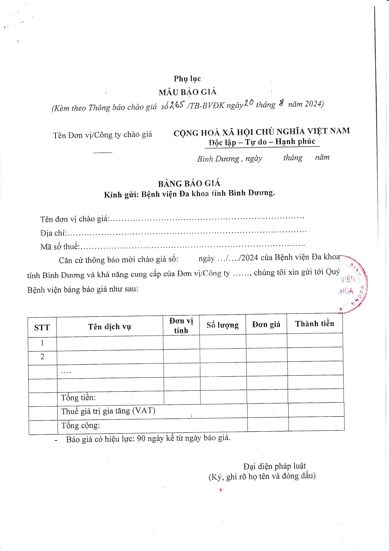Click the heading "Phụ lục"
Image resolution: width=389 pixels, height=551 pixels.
coord(187,79)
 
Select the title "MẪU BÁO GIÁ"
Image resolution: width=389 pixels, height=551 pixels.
coord(188,92)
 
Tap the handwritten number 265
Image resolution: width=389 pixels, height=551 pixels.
coord(177,105)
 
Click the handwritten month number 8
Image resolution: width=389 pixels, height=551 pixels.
coord(281,103)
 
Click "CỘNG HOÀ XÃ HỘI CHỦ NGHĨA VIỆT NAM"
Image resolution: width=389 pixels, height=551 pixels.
coord(262,132)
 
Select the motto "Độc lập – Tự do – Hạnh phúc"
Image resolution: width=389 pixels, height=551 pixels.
coord(262,142)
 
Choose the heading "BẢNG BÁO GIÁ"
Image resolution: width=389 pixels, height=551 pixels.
coord(189,183)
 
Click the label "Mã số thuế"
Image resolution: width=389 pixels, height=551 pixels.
coord(60,247)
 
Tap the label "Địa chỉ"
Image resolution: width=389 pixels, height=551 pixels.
coord(53,233)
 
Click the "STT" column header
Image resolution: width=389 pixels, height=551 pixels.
coord(42,328)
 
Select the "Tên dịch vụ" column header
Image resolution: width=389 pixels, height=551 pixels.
coord(109,327)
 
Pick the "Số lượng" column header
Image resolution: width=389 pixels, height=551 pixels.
coord(222,325)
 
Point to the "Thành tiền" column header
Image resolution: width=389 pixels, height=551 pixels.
coord(314,324)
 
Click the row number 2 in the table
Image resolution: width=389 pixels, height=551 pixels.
coord(42,357)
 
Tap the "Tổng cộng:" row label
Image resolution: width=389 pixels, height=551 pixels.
coord(80,426)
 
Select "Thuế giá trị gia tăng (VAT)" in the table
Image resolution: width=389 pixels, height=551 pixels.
coord(108,411)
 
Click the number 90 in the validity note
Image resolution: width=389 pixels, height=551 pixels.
coord(141,439)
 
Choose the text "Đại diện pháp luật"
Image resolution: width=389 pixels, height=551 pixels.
coord(274,466)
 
